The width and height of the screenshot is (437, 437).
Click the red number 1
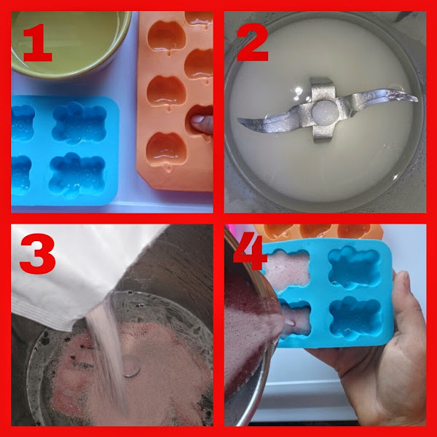38,43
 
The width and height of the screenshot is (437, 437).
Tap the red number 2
252,42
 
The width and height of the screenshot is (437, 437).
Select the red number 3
37,254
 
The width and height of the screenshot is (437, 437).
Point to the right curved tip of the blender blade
415,99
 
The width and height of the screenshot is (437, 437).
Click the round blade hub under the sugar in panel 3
130,366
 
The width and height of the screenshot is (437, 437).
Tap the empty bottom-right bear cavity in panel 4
355,318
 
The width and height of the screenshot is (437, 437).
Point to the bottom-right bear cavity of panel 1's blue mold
77,175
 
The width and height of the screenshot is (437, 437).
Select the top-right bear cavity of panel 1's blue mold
79,122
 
